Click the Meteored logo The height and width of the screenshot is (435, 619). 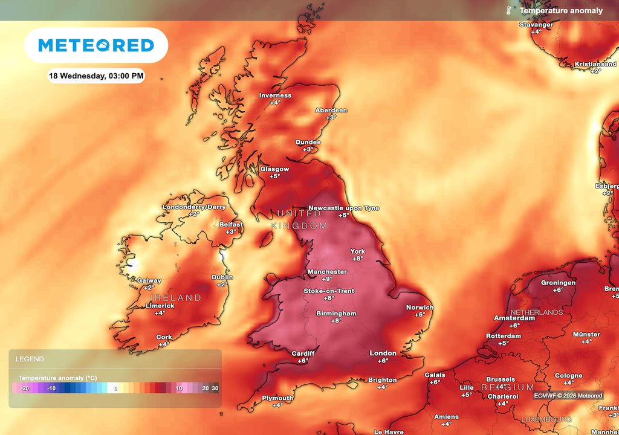96,45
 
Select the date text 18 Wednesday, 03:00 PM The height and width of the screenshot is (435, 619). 96,76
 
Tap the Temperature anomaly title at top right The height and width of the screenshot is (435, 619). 561,10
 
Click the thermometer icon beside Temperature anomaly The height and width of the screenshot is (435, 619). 510,10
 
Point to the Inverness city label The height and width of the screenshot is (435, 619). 275,95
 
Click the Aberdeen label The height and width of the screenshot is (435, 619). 331,111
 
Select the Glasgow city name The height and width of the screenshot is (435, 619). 274,169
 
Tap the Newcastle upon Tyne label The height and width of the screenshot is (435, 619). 344,208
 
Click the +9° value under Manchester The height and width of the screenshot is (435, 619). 327,279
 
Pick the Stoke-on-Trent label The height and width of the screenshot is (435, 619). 329,291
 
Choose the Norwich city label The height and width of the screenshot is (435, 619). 420,308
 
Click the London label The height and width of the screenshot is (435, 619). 383,353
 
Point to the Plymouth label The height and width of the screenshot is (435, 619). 277,398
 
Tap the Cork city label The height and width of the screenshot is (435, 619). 164,337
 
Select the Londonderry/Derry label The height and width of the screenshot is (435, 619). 193,207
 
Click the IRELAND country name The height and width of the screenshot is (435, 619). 176,298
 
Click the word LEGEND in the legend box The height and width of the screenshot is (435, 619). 30,359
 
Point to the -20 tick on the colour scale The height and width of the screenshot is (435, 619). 25,388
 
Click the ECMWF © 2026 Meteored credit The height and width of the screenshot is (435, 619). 568,396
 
